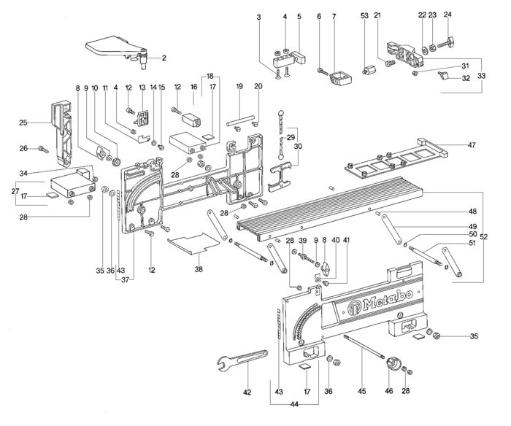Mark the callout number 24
pos(447,15)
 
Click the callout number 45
pos(363,391)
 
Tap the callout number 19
pos(239,88)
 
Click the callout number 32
pos(464,78)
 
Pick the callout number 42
pos(247,392)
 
